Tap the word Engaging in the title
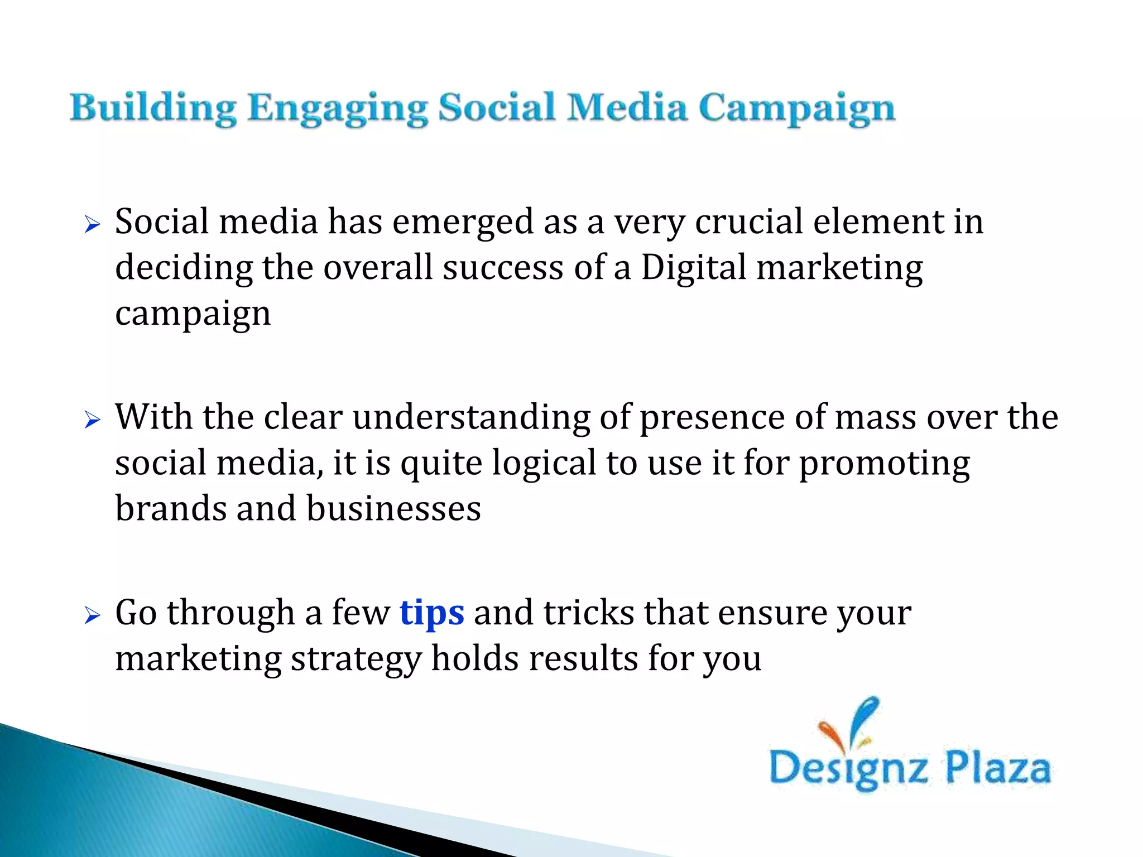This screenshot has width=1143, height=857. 337,108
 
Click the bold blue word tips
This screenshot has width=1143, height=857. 431,613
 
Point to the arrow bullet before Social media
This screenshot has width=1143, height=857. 92,225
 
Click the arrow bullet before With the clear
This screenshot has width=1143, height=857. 92,420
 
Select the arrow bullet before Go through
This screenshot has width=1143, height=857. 92,615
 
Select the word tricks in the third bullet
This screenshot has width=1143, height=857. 589,613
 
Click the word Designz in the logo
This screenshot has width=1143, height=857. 848,769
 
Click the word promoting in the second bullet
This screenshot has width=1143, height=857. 885,464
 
